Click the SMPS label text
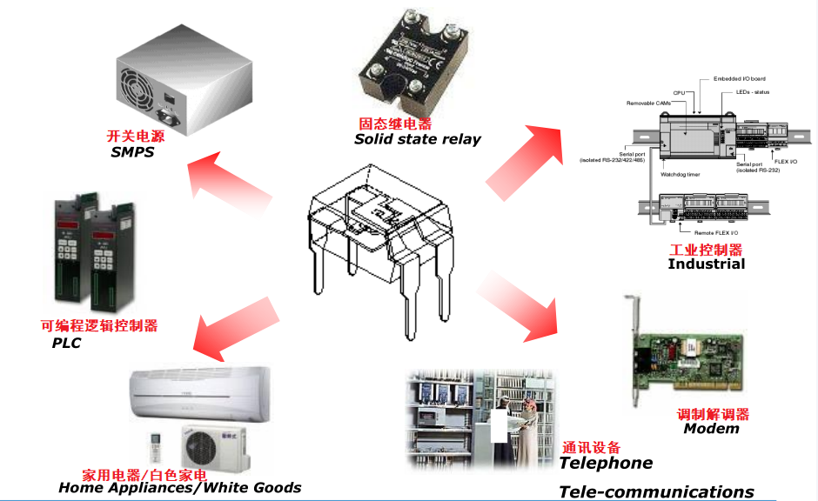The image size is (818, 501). coord(132,152)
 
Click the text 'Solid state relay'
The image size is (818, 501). coord(417,139)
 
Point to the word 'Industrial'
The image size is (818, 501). coord(706,264)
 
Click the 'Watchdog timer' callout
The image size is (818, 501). coord(681,174)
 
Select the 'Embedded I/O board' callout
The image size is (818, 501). coord(740,78)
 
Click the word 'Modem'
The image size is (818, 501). coord(711,428)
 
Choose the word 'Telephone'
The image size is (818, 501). coord(606,463)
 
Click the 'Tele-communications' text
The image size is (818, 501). coord(656,491)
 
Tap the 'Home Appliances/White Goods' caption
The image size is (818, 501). coord(179,488)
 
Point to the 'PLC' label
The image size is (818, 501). coord(66,344)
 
